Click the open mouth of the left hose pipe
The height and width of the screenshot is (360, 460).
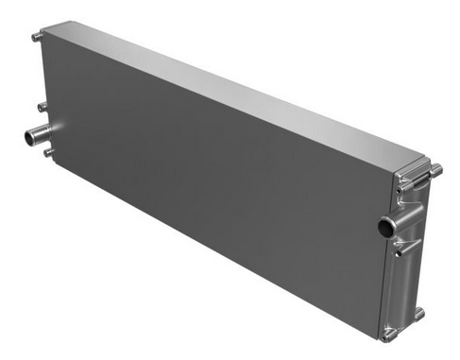tap(29, 138)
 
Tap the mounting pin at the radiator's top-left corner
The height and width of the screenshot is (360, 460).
tap(37, 37)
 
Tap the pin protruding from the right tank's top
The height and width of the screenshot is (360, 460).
tap(435, 170)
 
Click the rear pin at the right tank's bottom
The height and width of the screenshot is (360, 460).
tap(418, 312)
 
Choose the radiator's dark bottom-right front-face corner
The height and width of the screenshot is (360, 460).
tap(379, 335)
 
